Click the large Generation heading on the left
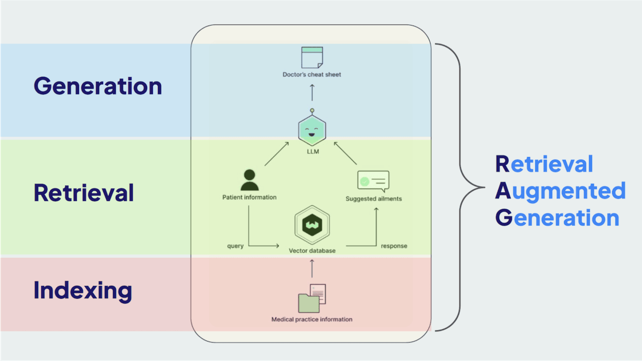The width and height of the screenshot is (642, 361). point(98,86)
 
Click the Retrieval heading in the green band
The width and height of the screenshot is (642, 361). point(84,193)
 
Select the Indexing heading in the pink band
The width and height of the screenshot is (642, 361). point(83,291)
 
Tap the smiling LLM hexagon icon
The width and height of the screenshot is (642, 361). point(312,130)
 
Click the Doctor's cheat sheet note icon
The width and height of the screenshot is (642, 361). point(312,57)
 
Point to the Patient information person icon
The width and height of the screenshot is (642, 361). point(250,180)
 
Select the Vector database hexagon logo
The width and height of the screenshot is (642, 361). point(312,225)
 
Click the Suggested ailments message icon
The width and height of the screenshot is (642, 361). point(373,181)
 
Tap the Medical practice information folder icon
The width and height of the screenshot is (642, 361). point(311,298)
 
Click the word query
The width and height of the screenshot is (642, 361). point(235,246)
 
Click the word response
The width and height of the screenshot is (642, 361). point(394,246)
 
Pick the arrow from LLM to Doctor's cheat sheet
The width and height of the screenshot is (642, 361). point(312,92)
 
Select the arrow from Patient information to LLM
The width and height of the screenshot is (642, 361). point(277,154)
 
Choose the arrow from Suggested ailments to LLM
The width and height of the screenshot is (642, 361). point(345,153)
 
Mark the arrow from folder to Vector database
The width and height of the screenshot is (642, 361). point(312,268)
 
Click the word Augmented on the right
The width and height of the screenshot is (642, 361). point(560,191)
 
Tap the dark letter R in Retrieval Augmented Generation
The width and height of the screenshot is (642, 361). point(502,164)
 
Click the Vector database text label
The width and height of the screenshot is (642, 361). point(312,251)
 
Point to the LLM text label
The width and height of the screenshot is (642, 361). point(313,152)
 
